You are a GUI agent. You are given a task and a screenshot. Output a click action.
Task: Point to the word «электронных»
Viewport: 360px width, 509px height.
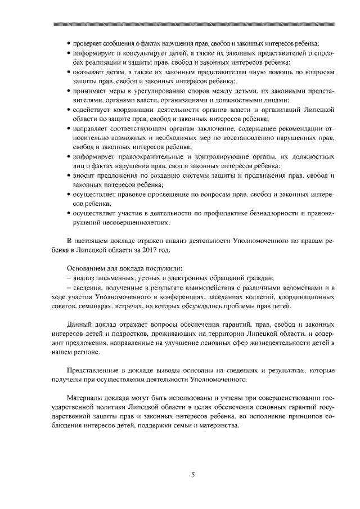coord(185,278)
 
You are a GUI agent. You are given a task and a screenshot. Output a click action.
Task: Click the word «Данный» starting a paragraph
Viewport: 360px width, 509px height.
coord(79,326)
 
